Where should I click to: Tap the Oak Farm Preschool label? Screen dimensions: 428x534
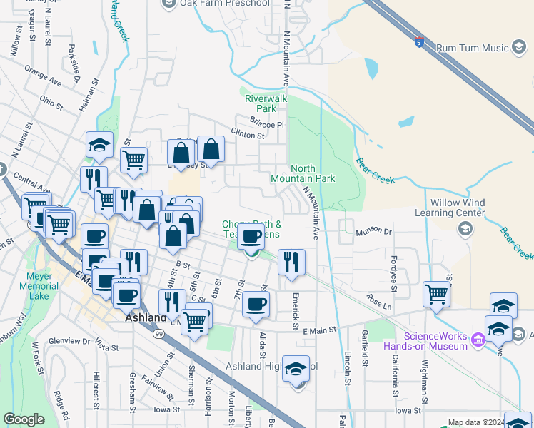point(225,4)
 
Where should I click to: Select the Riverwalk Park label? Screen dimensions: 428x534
point(266,103)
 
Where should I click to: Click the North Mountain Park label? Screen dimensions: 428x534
point(303,173)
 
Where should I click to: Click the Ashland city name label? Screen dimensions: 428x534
point(146,317)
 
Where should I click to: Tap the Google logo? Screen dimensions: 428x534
point(24,419)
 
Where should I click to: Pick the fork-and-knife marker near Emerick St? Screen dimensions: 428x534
point(291,262)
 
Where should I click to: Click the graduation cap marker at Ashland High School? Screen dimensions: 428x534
point(296,370)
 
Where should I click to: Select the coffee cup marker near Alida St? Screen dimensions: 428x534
point(256,305)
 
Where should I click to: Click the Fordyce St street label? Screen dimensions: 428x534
point(394,270)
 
